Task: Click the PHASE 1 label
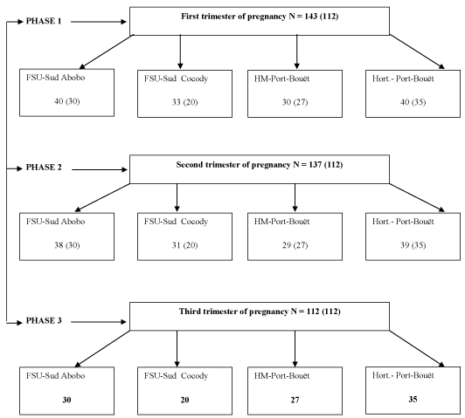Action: tap(44, 21)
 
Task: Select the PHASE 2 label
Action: tap(44, 168)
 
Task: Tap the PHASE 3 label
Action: tap(44, 320)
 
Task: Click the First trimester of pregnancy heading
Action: tap(260, 17)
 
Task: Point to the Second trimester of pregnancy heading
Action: tap(260, 165)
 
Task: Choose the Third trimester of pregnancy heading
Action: tap(260, 312)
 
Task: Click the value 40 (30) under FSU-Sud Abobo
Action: tap(67, 101)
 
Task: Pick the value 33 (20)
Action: tap(184, 102)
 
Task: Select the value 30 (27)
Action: tap(295, 102)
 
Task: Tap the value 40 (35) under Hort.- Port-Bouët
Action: tap(413, 102)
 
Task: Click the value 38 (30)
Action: tap(67, 245)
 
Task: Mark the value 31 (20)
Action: tap(184, 245)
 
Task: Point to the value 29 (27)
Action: tap(295, 245)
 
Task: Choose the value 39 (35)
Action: tap(413, 245)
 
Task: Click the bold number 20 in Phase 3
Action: tap(184, 400)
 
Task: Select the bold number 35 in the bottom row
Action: tap(413, 400)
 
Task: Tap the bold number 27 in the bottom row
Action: tap(295, 400)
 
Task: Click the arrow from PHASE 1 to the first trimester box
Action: tap(99, 22)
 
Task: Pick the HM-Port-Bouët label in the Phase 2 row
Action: tap(281, 222)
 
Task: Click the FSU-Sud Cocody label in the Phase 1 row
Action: tap(177, 79)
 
